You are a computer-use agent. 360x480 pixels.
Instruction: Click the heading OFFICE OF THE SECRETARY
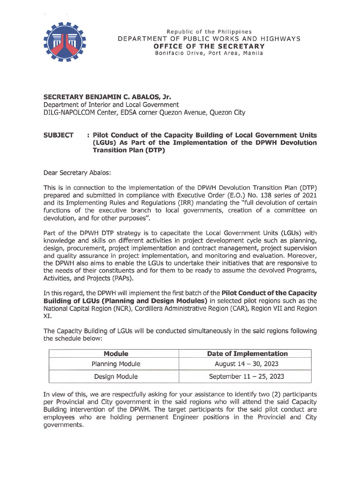209,46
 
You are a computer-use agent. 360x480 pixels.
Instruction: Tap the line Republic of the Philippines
209,31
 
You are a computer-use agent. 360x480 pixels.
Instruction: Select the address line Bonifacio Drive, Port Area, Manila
209,53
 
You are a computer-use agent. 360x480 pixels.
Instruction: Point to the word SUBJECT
58,135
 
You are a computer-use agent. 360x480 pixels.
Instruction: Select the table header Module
116,353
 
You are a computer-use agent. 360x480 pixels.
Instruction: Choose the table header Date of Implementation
247,353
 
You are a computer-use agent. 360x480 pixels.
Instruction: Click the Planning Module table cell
116,364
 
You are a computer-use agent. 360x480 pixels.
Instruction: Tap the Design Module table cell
116,376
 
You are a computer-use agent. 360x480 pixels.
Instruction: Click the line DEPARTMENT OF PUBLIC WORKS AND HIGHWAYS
209,39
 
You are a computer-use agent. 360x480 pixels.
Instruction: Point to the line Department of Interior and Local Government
111,105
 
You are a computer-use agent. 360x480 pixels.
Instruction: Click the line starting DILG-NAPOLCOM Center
144,112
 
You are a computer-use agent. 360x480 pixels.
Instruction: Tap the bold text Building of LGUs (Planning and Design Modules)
125,300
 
